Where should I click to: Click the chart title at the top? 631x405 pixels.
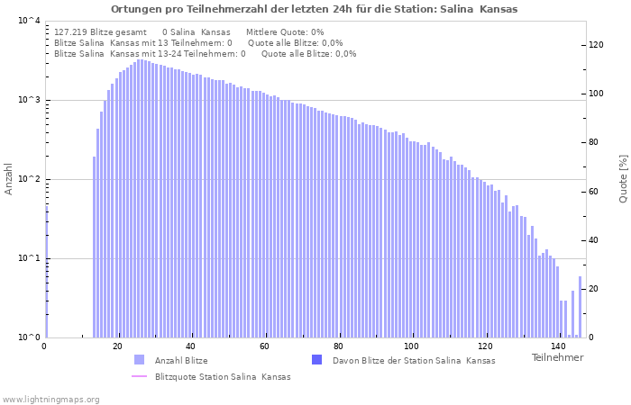[315, 9]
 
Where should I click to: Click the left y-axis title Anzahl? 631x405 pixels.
[9, 179]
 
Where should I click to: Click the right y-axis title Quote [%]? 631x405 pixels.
[622, 178]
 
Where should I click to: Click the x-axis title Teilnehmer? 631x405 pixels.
[557, 357]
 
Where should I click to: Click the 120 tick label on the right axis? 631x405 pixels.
[597, 45]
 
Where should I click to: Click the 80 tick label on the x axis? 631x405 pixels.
[338, 346]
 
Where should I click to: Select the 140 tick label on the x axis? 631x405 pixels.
[558, 346]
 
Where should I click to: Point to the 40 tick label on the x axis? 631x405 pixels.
[191, 346]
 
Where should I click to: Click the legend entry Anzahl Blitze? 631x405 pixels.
[181, 361]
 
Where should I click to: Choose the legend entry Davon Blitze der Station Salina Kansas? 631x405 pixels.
[414, 361]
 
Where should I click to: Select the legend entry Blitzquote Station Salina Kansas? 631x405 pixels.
[223, 377]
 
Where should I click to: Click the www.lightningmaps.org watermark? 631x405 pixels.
[51, 399]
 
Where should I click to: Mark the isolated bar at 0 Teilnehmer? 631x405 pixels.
[47, 270]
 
